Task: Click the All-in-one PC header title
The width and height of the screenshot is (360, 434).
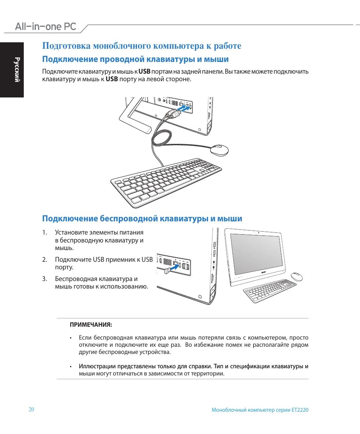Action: click(x=46, y=26)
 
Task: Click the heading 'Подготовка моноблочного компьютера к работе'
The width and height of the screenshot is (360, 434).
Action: click(x=142, y=46)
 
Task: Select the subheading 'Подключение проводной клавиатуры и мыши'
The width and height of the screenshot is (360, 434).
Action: click(x=135, y=59)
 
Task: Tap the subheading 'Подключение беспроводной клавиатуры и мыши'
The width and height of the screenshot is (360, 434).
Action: click(x=142, y=219)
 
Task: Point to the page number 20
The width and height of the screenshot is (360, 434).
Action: click(x=31, y=410)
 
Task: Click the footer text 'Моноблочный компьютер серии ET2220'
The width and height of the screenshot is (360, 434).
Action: click(x=260, y=410)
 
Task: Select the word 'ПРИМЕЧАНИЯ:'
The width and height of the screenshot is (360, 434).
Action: click(x=91, y=324)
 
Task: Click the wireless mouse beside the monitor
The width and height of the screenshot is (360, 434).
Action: click(x=297, y=276)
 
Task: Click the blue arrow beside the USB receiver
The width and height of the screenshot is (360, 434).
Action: click(x=172, y=267)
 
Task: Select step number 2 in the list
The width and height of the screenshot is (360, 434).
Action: click(x=45, y=259)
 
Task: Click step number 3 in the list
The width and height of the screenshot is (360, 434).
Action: click(x=45, y=279)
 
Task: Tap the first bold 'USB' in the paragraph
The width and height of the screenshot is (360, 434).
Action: click(x=145, y=71)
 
